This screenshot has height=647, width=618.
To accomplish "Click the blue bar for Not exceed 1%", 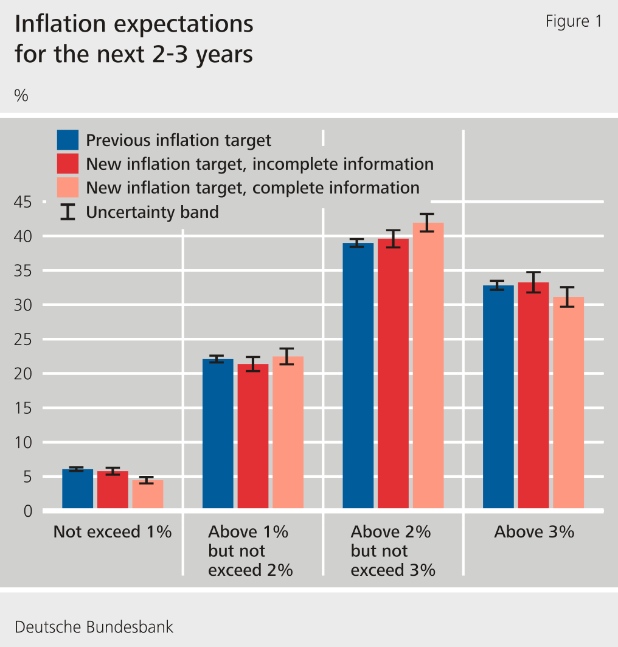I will pyautogui.click(x=78, y=489).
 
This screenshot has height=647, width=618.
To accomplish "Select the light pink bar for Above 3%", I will pyautogui.click(x=568, y=402).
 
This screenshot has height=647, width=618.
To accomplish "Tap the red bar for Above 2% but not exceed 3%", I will pyautogui.click(x=393, y=373).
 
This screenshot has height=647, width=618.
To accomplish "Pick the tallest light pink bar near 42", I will pyautogui.click(x=428, y=365).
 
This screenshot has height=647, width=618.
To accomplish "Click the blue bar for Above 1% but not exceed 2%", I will pyautogui.click(x=218, y=433).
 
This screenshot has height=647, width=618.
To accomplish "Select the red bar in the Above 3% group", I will pyautogui.click(x=533, y=395).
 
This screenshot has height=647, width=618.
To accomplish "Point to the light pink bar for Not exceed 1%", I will pyautogui.click(x=148, y=494).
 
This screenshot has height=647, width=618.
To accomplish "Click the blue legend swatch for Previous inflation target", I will pyautogui.click(x=68, y=140).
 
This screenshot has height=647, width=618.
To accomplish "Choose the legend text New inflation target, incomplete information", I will pyautogui.click(x=260, y=164).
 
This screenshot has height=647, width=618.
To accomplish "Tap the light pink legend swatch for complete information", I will pyautogui.click(x=68, y=187).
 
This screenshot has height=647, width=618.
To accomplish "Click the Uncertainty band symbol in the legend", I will pyautogui.click(x=68, y=212).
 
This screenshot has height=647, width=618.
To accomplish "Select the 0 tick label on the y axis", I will pyautogui.click(x=28, y=511).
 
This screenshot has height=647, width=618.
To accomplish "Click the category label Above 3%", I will pyautogui.click(x=533, y=532).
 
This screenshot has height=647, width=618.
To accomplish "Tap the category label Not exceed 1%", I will pyautogui.click(x=113, y=532).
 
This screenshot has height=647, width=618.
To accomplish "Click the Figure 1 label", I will pyautogui.click(x=573, y=22).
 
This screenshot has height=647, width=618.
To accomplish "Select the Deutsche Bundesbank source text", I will pyautogui.click(x=94, y=627).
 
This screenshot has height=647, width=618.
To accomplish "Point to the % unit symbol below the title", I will pyautogui.click(x=21, y=96).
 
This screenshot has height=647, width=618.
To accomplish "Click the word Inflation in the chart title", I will pyautogui.click(x=61, y=24).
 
